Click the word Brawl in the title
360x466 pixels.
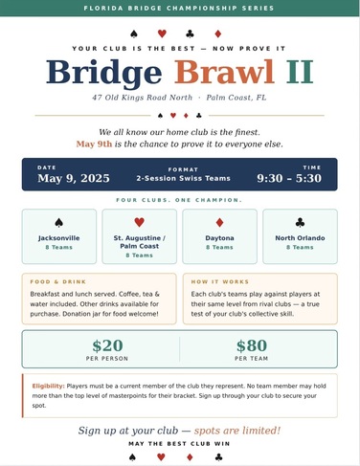(x=224, y=72)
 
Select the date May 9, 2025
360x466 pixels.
(x=75, y=178)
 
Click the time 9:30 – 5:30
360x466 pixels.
(x=289, y=178)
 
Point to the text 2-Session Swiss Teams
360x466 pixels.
(x=179, y=178)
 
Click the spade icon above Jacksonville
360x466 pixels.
(x=58, y=222)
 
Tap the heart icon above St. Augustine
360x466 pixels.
(x=140, y=222)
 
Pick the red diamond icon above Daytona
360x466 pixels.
(x=219, y=222)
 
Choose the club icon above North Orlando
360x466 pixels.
(x=300, y=222)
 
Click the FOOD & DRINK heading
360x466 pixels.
(x=54, y=282)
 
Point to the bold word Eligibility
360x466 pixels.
(x=47, y=384)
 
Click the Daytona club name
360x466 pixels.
(x=219, y=237)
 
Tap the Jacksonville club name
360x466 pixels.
(x=58, y=237)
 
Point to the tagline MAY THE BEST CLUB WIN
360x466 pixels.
(x=179, y=444)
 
